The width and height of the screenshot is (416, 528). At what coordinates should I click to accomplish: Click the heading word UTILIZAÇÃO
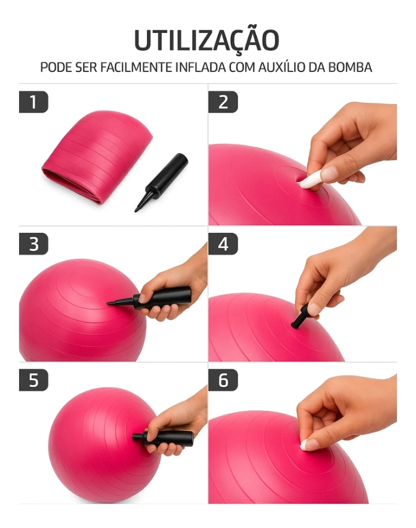[x=207, y=41]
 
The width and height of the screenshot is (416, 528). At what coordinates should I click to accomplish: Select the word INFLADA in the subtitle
[x=200, y=67]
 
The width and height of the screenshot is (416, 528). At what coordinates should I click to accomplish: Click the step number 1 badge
[x=33, y=102]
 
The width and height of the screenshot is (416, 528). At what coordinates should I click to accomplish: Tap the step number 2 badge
[x=223, y=102]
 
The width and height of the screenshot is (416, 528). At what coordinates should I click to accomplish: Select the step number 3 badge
[x=33, y=244]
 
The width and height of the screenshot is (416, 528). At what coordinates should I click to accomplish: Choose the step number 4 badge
[x=223, y=244]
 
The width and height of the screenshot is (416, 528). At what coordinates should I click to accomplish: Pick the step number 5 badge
[x=33, y=380]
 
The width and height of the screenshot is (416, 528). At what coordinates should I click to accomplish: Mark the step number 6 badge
[x=223, y=380]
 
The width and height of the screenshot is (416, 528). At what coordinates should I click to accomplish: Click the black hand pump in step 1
[x=161, y=182]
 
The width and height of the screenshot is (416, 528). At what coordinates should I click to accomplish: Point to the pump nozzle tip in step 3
[x=108, y=304]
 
